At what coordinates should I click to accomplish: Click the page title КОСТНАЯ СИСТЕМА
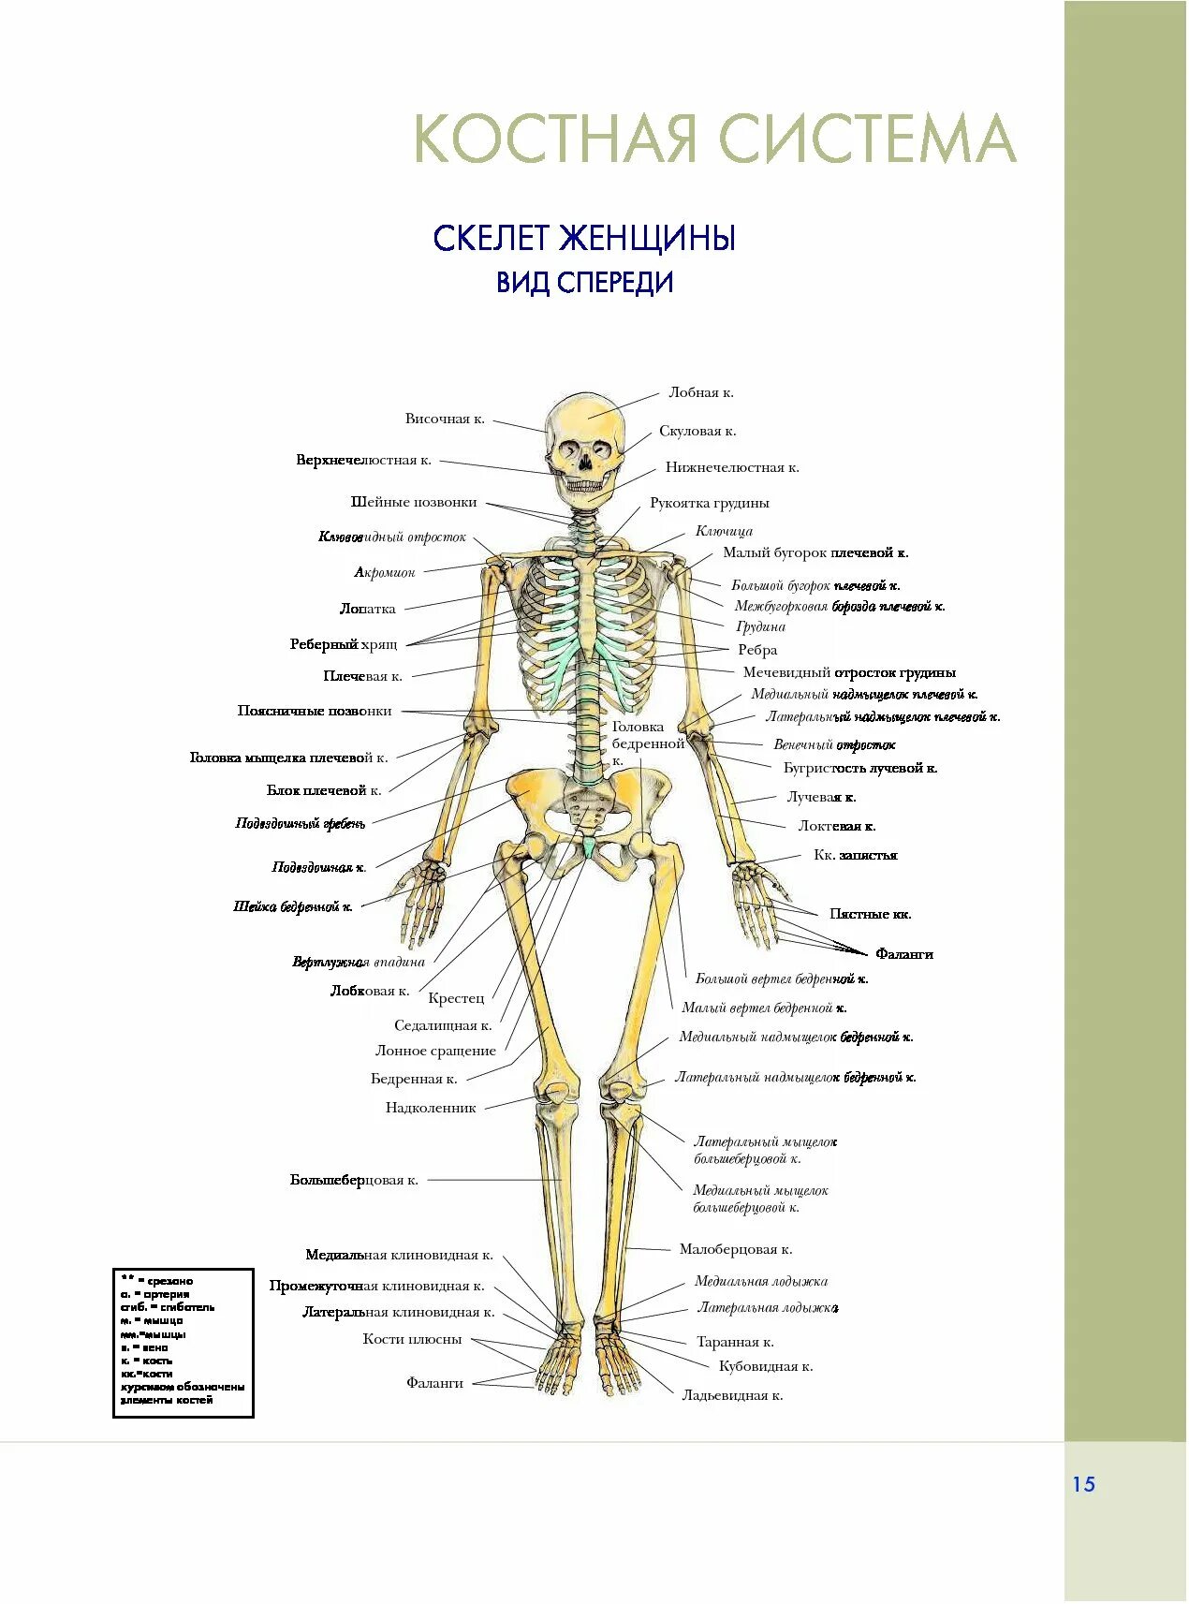pos(714,139)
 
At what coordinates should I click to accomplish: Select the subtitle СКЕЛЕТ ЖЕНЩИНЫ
pos(584,239)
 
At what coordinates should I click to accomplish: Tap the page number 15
pos(1083,1484)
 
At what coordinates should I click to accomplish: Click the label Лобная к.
pos(700,393)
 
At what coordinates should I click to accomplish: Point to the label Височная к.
pos(445,419)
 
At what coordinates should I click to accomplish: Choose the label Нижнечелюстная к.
pos(732,467)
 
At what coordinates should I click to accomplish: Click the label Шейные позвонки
pos(414,502)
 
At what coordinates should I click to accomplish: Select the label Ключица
pos(724,531)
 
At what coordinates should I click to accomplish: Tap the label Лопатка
pos(367,609)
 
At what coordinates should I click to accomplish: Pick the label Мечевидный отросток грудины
pos(849,672)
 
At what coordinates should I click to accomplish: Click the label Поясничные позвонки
pos(315,711)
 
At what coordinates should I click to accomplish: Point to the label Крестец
pos(456,998)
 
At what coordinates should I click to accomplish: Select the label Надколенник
pos(431,1108)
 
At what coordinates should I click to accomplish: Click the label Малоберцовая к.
pos(736,1249)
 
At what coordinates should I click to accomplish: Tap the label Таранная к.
pos(735,1342)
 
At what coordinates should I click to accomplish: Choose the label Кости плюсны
pos(412,1339)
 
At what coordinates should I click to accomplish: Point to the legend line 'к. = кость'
pos(146,1361)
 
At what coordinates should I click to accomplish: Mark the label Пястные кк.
pos(870,914)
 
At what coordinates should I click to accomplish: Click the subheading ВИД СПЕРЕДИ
pos(584,283)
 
